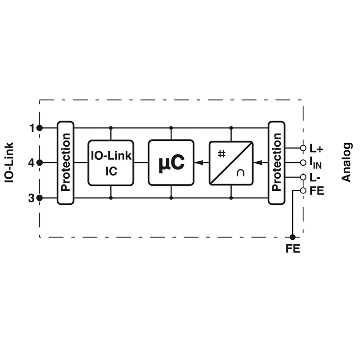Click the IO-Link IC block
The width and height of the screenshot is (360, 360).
111,163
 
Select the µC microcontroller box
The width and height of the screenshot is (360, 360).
171,163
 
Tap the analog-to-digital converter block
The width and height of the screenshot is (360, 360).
231,163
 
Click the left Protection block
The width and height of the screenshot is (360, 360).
65,163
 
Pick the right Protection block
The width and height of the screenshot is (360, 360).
277,163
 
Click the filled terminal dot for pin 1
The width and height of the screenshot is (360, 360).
40,128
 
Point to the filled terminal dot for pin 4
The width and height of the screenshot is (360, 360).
40,163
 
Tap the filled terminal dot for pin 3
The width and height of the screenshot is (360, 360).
40,198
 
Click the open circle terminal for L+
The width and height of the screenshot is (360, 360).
303,148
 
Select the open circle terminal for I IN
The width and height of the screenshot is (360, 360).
303,163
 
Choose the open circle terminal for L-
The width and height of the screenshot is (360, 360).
303,177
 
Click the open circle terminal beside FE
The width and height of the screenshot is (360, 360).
303,190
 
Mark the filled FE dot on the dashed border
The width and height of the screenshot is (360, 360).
292,237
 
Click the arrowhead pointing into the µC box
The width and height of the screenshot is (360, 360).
199,163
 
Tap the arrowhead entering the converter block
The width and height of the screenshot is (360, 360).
258,163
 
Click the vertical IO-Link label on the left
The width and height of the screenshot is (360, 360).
9,163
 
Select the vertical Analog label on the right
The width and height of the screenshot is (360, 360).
346,162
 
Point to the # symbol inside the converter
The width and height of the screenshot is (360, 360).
221,153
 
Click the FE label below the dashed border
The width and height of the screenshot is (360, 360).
293,249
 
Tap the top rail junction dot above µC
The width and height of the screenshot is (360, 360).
171,128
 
